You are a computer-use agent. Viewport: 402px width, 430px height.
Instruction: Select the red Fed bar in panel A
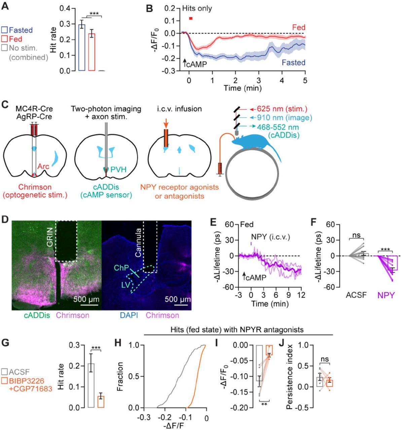click(92, 52)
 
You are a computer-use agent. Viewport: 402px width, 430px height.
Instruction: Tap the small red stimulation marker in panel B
click(191, 18)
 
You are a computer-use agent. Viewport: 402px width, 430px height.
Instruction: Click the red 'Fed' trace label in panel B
click(298, 28)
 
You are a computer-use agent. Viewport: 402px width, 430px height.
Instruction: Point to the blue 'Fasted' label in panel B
click(293, 63)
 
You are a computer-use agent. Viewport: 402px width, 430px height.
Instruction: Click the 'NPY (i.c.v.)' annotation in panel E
click(271, 237)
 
